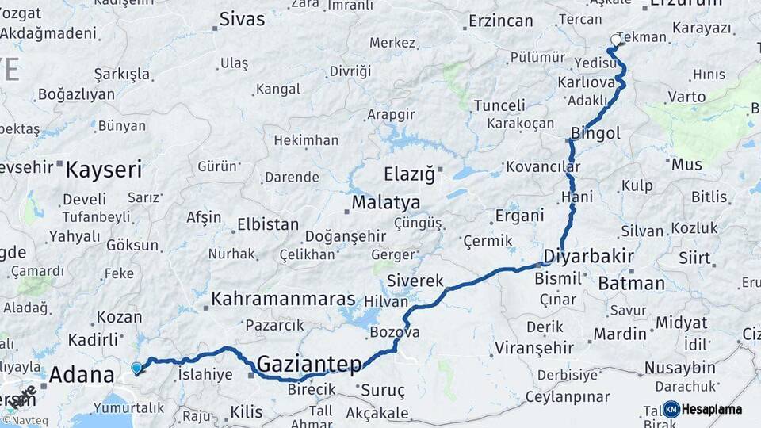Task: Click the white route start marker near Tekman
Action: (x=616, y=40)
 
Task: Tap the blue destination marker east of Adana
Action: (x=136, y=368)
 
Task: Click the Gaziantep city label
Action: (x=310, y=364)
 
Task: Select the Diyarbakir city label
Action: (x=589, y=256)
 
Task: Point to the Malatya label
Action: (x=385, y=202)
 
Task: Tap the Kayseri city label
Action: (x=103, y=169)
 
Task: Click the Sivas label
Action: (x=242, y=20)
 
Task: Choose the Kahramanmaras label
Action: (x=283, y=300)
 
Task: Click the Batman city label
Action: (x=632, y=283)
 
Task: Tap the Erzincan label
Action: (x=500, y=21)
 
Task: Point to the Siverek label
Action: (x=415, y=280)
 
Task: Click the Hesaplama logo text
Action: (x=712, y=409)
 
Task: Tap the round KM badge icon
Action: (x=671, y=409)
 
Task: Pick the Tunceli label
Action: (x=499, y=105)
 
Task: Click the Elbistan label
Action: (x=268, y=224)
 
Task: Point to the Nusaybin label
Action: (x=679, y=368)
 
